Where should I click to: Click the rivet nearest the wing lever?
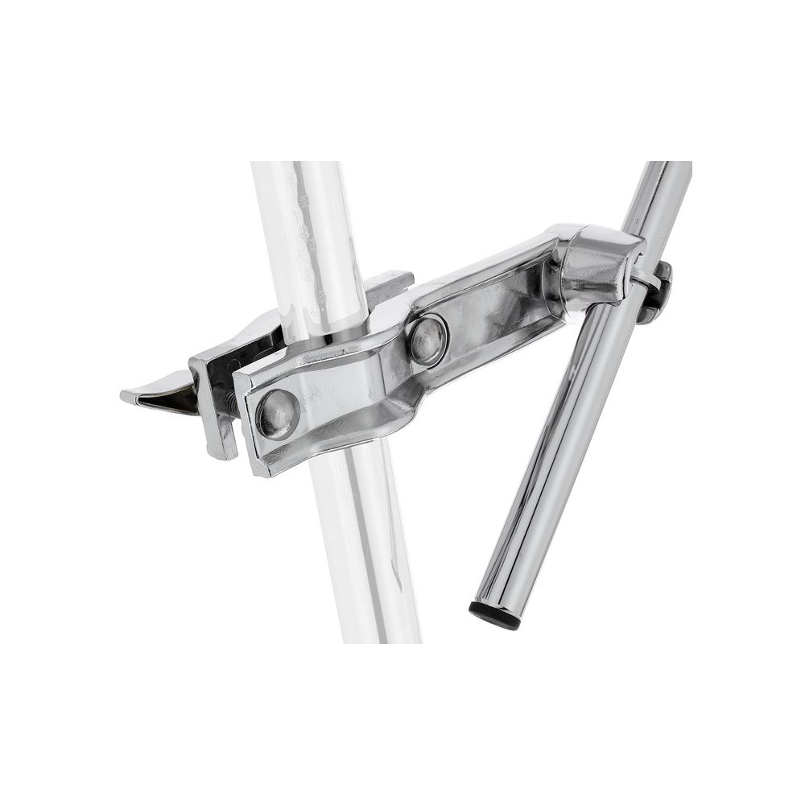tap(278, 414)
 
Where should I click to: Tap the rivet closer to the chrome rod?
tap(427, 339)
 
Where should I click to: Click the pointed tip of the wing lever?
tap(125, 395)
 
